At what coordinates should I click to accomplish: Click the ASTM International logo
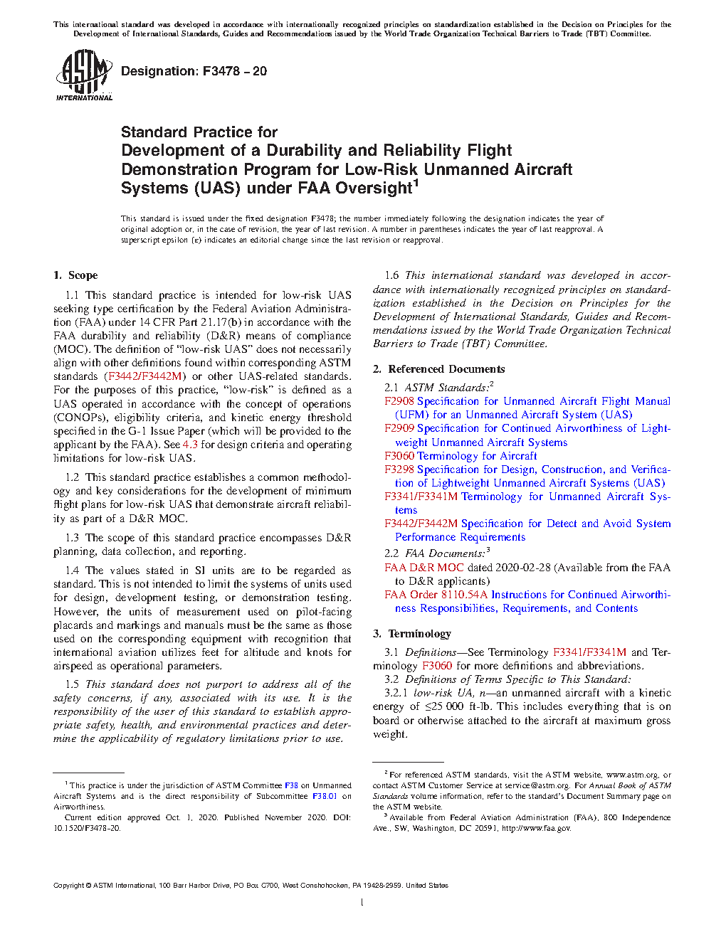(84, 75)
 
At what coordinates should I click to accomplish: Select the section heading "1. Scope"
(75, 275)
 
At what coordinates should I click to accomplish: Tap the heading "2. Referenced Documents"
(439, 369)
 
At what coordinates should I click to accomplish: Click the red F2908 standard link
(399, 401)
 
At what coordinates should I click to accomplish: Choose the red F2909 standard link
(399, 428)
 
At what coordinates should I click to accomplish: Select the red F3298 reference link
(399, 469)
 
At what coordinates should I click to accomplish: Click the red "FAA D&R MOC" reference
(424, 568)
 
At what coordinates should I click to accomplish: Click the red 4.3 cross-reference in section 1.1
(190, 445)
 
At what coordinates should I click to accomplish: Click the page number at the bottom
(362, 903)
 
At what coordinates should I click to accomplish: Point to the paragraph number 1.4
(72, 571)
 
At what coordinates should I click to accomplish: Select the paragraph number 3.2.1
(396, 693)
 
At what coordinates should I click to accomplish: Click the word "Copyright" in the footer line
(68, 886)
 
